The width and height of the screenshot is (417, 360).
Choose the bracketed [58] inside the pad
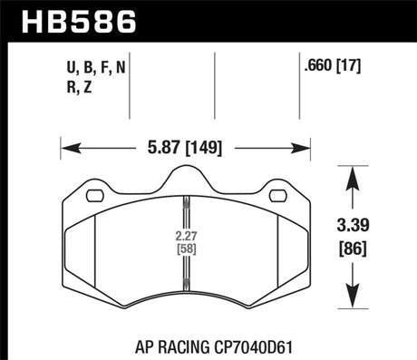pos(184,249)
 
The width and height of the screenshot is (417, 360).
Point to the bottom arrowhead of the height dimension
pos(351,300)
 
